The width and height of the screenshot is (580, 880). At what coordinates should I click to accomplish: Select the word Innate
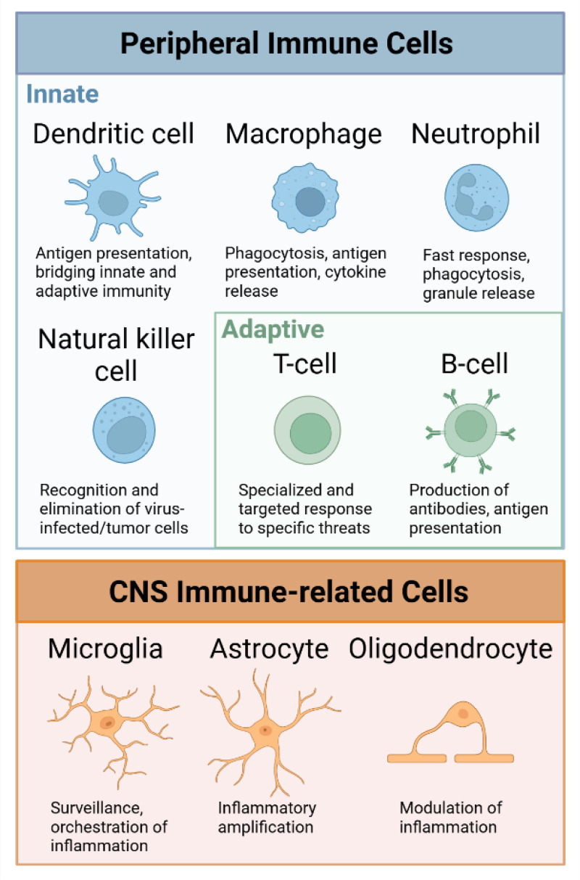62,94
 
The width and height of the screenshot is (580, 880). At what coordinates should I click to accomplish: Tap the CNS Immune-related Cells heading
289,591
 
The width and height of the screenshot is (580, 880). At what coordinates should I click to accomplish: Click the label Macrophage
303,134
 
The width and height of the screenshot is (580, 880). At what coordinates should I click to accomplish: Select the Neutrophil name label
476,134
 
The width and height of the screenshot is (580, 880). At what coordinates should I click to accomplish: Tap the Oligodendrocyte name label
451,649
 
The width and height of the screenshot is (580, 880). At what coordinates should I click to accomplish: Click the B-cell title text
475,363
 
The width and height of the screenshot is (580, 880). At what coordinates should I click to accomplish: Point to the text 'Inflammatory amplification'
266,817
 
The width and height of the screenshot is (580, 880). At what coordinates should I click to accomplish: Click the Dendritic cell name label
114,134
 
